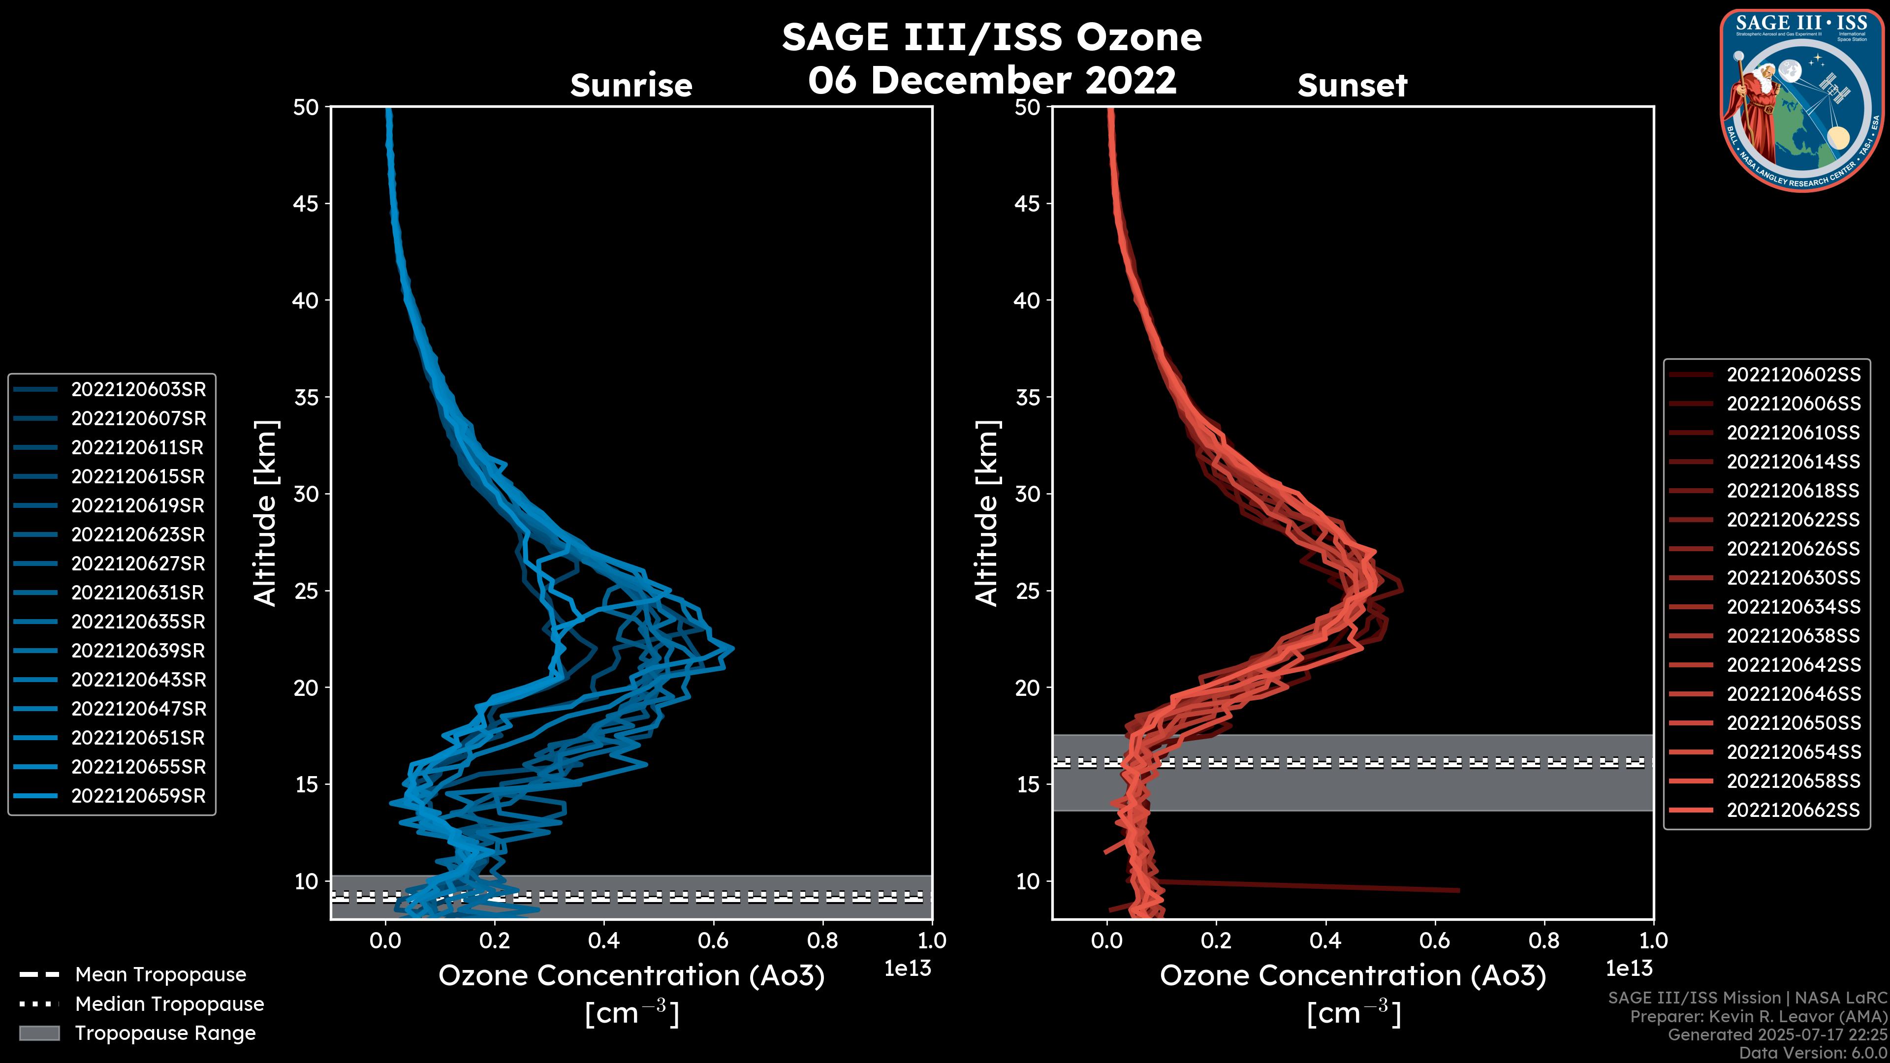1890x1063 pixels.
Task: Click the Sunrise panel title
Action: tap(631, 86)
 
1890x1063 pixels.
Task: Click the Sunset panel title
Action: tap(1352, 86)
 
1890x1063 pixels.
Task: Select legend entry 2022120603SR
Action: tap(138, 390)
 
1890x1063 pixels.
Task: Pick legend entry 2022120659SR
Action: tap(138, 796)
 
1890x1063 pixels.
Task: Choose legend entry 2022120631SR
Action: tap(138, 593)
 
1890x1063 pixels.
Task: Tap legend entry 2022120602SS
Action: tap(1793, 375)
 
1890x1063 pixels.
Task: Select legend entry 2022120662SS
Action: tap(1793, 810)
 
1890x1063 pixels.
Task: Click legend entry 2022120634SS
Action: tap(1793, 607)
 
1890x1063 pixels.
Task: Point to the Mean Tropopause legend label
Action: tap(160, 975)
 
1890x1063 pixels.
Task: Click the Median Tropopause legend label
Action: tap(169, 1004)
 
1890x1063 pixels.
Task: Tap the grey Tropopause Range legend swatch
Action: tap(39, 1033)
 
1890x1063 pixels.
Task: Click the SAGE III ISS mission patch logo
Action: tap(1802, 100)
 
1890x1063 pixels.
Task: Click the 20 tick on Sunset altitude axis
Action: tap(1027, 688)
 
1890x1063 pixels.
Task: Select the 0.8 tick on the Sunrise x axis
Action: tap(822, 940)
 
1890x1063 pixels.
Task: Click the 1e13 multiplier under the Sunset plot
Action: tap(1629, 969)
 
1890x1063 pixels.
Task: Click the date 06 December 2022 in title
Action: tap(992, 80)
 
